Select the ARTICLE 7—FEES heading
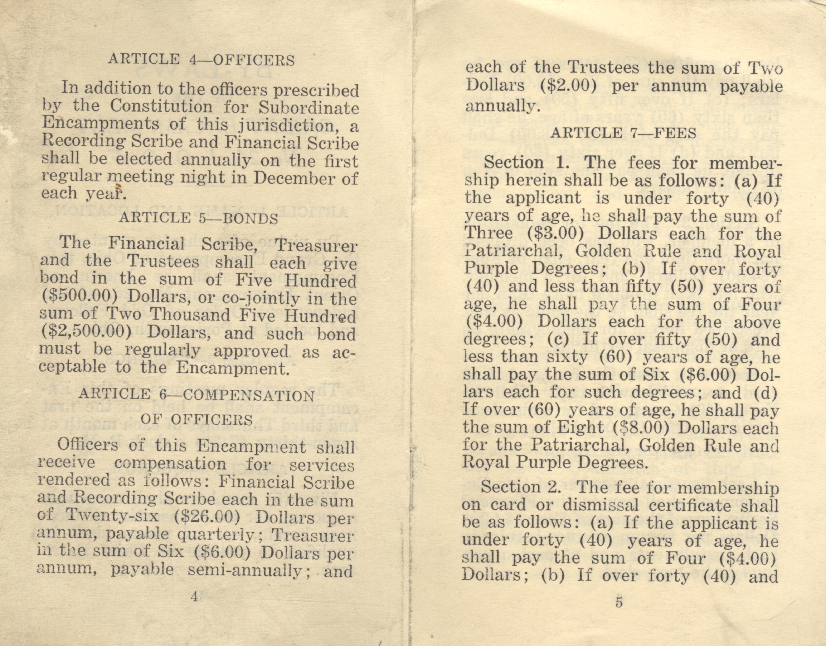[x=623, y=133]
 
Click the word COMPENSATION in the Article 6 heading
[x=248, y=395]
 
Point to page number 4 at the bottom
[x=194, y=597]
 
